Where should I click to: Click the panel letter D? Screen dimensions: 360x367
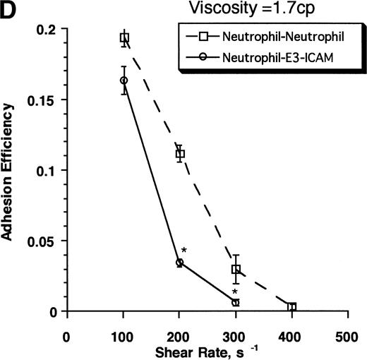[x=9, y=11]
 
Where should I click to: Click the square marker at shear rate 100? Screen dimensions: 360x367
[x=124, y=38]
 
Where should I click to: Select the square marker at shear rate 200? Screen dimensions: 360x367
[x=180, y=153]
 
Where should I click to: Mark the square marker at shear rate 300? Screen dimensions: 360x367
[x=236, y=270]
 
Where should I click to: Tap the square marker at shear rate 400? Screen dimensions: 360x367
[x=291, y=307]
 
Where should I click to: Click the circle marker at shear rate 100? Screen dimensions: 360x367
[x=124, y=80]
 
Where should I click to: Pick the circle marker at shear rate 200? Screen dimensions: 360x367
[x=179, y=262]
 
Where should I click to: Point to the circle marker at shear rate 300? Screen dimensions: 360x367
[x=236, y=302]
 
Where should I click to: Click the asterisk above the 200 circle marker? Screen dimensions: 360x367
[x=183, y=251]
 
